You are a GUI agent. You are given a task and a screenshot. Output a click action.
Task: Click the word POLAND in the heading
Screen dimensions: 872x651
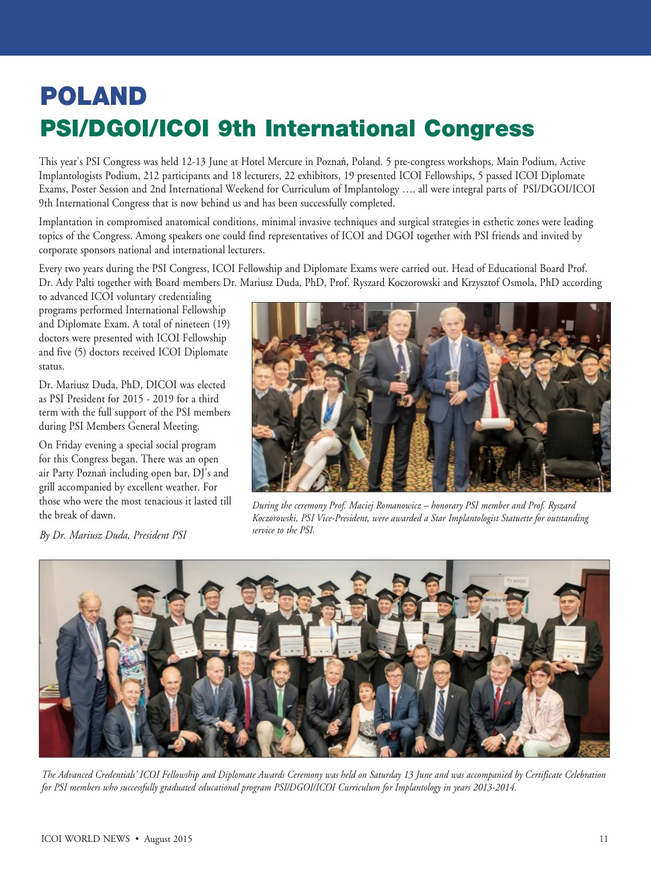point(93,96)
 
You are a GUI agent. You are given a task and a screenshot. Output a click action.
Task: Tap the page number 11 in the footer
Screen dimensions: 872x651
point(604,839)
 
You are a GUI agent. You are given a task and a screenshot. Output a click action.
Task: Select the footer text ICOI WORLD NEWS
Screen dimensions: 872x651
point(85,839)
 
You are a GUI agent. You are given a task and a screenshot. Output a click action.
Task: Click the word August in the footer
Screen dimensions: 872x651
point(158,839)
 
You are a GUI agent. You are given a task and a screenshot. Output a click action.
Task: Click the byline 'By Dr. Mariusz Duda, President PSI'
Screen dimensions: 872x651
point(113,535)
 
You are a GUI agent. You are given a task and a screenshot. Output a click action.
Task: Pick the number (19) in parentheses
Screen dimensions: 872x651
point(221,324)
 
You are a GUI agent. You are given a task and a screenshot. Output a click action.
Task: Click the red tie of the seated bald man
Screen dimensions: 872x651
point(493,401)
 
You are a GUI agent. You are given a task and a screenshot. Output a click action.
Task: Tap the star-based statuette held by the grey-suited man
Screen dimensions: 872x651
point(402,388)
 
